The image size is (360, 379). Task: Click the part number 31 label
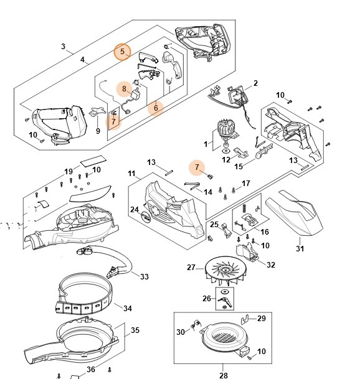coord(300,250)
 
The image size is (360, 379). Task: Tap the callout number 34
coord(128,308)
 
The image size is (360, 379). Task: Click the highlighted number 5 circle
coord(123,52)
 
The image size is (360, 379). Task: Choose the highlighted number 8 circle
coord(125,89)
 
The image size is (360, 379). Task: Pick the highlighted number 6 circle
coord(156,108)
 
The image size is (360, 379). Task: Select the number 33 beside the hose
coord(144,276)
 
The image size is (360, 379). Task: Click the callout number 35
coord(135,330)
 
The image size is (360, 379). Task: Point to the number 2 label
coord(255,83)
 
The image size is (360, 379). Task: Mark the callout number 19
coord(69,172)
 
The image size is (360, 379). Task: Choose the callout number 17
coord(245,184)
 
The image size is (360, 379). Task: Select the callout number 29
coord(261,319)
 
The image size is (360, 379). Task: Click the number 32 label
coord(270,264)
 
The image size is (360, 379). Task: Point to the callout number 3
coord(63,47)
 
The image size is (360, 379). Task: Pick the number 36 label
coord(91,370)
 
